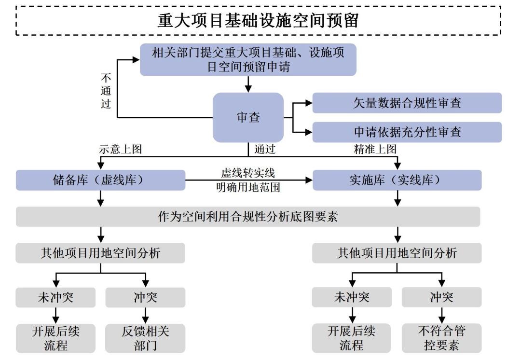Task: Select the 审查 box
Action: tap(248, 117)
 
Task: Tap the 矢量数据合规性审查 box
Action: tap(407, 103)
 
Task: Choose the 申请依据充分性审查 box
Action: tap(407, 132)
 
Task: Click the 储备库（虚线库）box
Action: tap(100, 180)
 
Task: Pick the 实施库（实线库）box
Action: tap(397, 180)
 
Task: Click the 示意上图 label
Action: tap(120, 150)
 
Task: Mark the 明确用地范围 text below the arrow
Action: tap(248, 187)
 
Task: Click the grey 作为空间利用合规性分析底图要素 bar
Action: tap(248, 217)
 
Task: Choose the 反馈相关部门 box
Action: tap(145, 338)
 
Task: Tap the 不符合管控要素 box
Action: tap(441, 338)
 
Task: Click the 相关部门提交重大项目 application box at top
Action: tap(248, 59)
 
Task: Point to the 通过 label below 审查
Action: tap(264, 150)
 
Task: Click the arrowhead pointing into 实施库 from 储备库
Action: tap(308, 180)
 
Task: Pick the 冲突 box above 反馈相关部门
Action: tap(145, 297)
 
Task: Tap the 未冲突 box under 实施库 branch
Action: tap(352, 297)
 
